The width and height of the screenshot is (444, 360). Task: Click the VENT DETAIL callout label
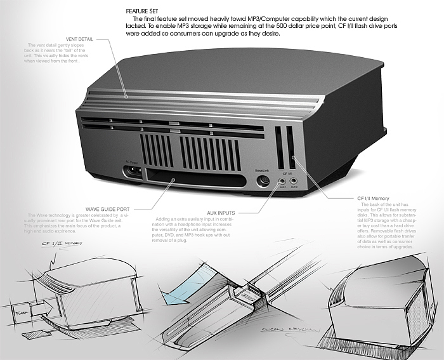pyautogui.click(x=79, y=39)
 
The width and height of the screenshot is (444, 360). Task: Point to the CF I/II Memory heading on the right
pyautogui.click(x=377, y=198)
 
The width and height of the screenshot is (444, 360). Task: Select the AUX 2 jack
pyautogui.click(x=295, y=180)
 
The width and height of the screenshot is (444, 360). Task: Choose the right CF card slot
pyautogui.click(x=291, y=147)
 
